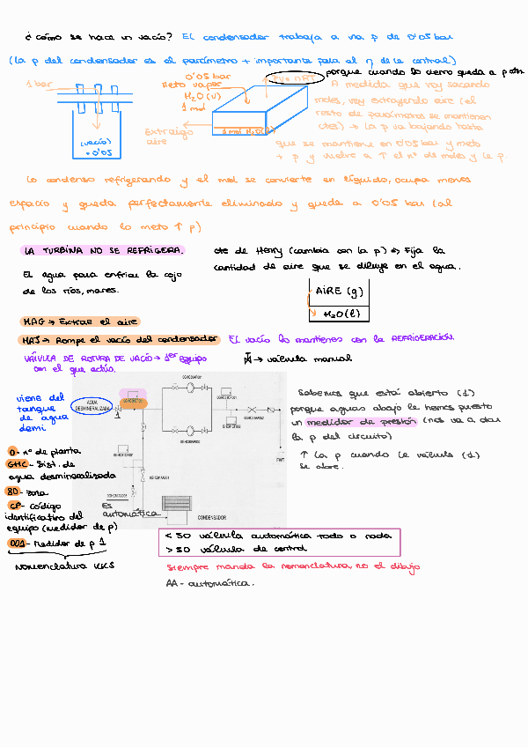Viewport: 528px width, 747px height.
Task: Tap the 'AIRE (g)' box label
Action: [x=338, y=293]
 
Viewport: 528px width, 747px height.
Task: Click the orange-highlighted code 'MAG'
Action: [x=33, y=322]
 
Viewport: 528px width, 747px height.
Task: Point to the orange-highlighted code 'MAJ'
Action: [x=33, y=340]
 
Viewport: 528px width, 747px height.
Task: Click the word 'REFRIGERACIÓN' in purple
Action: [x=415, y=338]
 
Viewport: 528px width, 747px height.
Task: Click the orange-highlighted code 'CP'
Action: [x=15, y=505]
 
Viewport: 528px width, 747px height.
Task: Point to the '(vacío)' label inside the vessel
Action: [x=94, y=141]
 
